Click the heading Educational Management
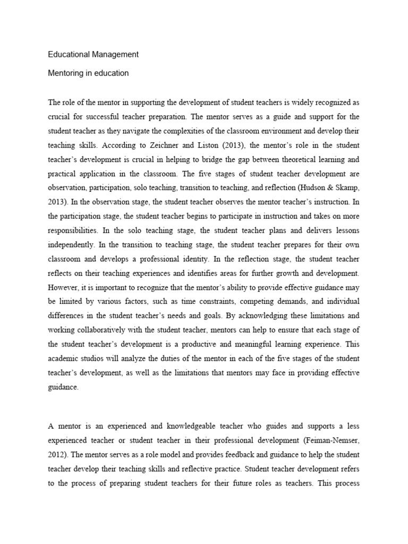tap(93, 54)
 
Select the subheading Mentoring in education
tap(89, 73)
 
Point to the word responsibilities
tap(79, 229)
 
